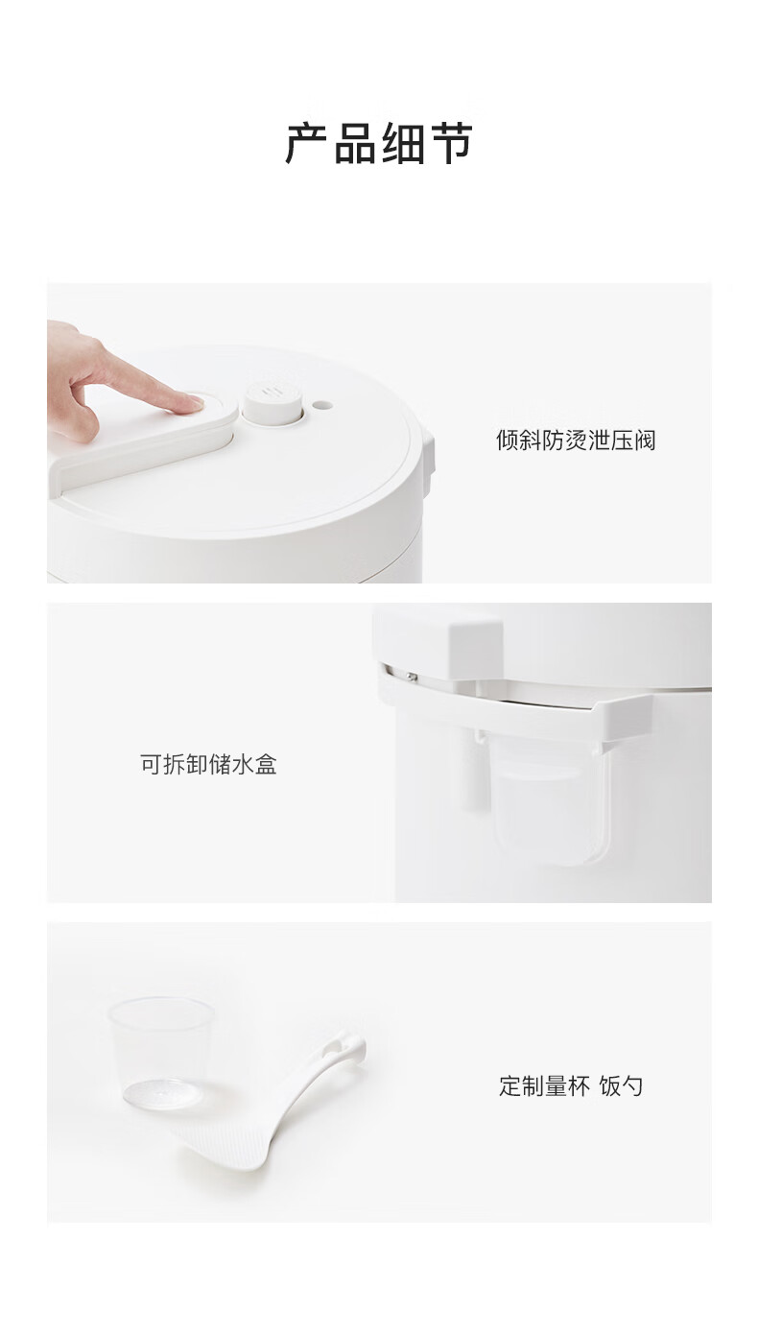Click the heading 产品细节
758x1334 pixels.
pyautogui.click(x=379, y=144)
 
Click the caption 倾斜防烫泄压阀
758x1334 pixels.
pyautogui.click(x=576, y=441)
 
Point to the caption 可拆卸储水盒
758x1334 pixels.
pyautogui.click(x=208, y=764)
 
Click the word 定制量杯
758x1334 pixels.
pyautogui.click(x=544, y=1085)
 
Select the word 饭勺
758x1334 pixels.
pyautogui.click(x=621, y=1085)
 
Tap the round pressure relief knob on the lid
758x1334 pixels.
pyautogui.click(x=272, y=404)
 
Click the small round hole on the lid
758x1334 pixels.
pyautogui.click(x=322, y=405)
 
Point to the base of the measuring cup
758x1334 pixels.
pyautogui.click(x=162, y=1093)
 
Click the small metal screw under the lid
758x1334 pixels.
pyautogui.click(x=411, y=676)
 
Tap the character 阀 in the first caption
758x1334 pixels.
pyautogui.click(x=645, y=441)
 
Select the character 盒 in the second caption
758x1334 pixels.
pyautogui.click(x=266, y=764)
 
